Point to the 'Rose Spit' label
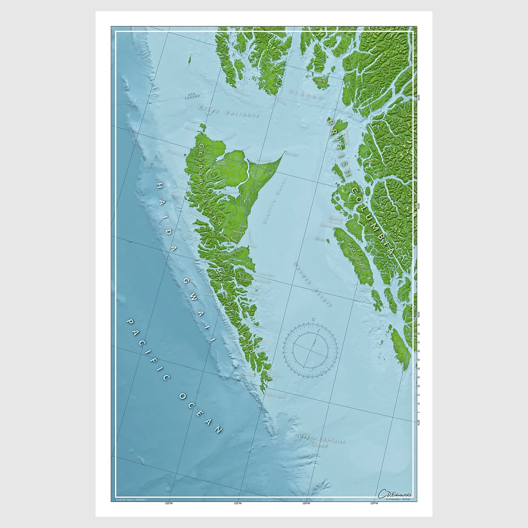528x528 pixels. click(291, 154)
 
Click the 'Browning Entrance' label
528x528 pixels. click(335, 220)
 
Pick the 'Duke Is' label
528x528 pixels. click(321, 81)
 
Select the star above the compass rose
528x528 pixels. click(313, 320)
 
